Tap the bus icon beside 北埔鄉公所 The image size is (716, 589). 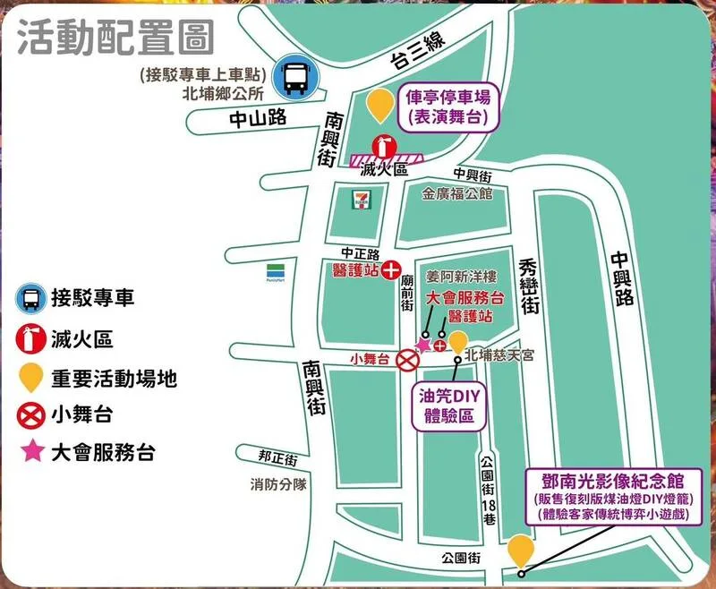(x=293, y=75)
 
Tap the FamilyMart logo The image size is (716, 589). (x=276, y=269)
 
